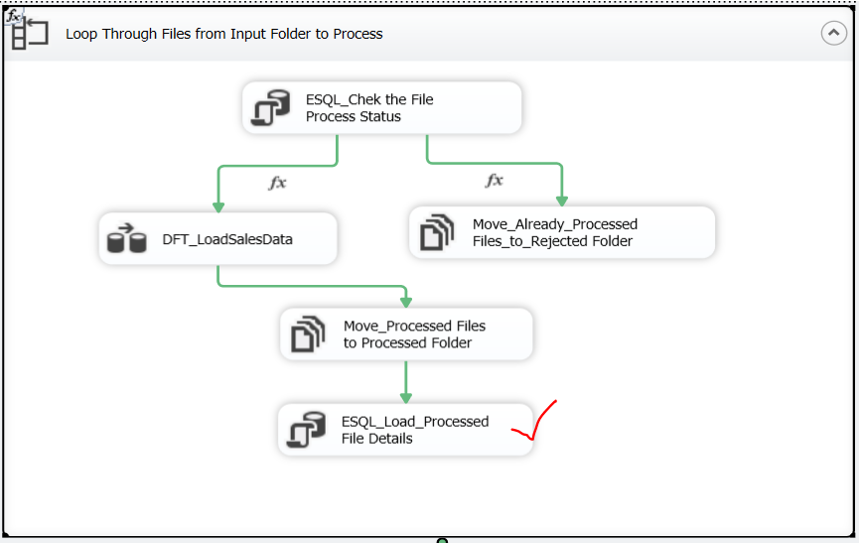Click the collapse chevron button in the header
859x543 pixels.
pos(833,33)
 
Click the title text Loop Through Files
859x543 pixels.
pos(223,34)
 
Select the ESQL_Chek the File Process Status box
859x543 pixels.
pos(382,108)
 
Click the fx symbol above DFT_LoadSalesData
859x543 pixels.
pos(278,183)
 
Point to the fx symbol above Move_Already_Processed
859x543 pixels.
pos(494,181)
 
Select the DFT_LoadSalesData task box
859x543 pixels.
pos(217,238)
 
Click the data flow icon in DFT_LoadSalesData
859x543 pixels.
pos(126,238)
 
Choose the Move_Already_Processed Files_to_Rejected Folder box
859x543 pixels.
pos(562,232)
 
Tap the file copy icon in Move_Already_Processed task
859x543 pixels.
pos(436,232)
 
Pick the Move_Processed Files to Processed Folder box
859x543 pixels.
pos(406,334)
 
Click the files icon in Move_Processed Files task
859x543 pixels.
pos(307,334)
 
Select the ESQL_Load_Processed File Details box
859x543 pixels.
pos(405,430)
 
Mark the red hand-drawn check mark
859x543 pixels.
pos(534,422)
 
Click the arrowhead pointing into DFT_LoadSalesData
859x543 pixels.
pos(217,204)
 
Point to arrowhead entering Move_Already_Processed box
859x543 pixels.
pos(562,199)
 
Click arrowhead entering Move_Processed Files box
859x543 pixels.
pos(405,301)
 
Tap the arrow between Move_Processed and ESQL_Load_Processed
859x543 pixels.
pos(405,380)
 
